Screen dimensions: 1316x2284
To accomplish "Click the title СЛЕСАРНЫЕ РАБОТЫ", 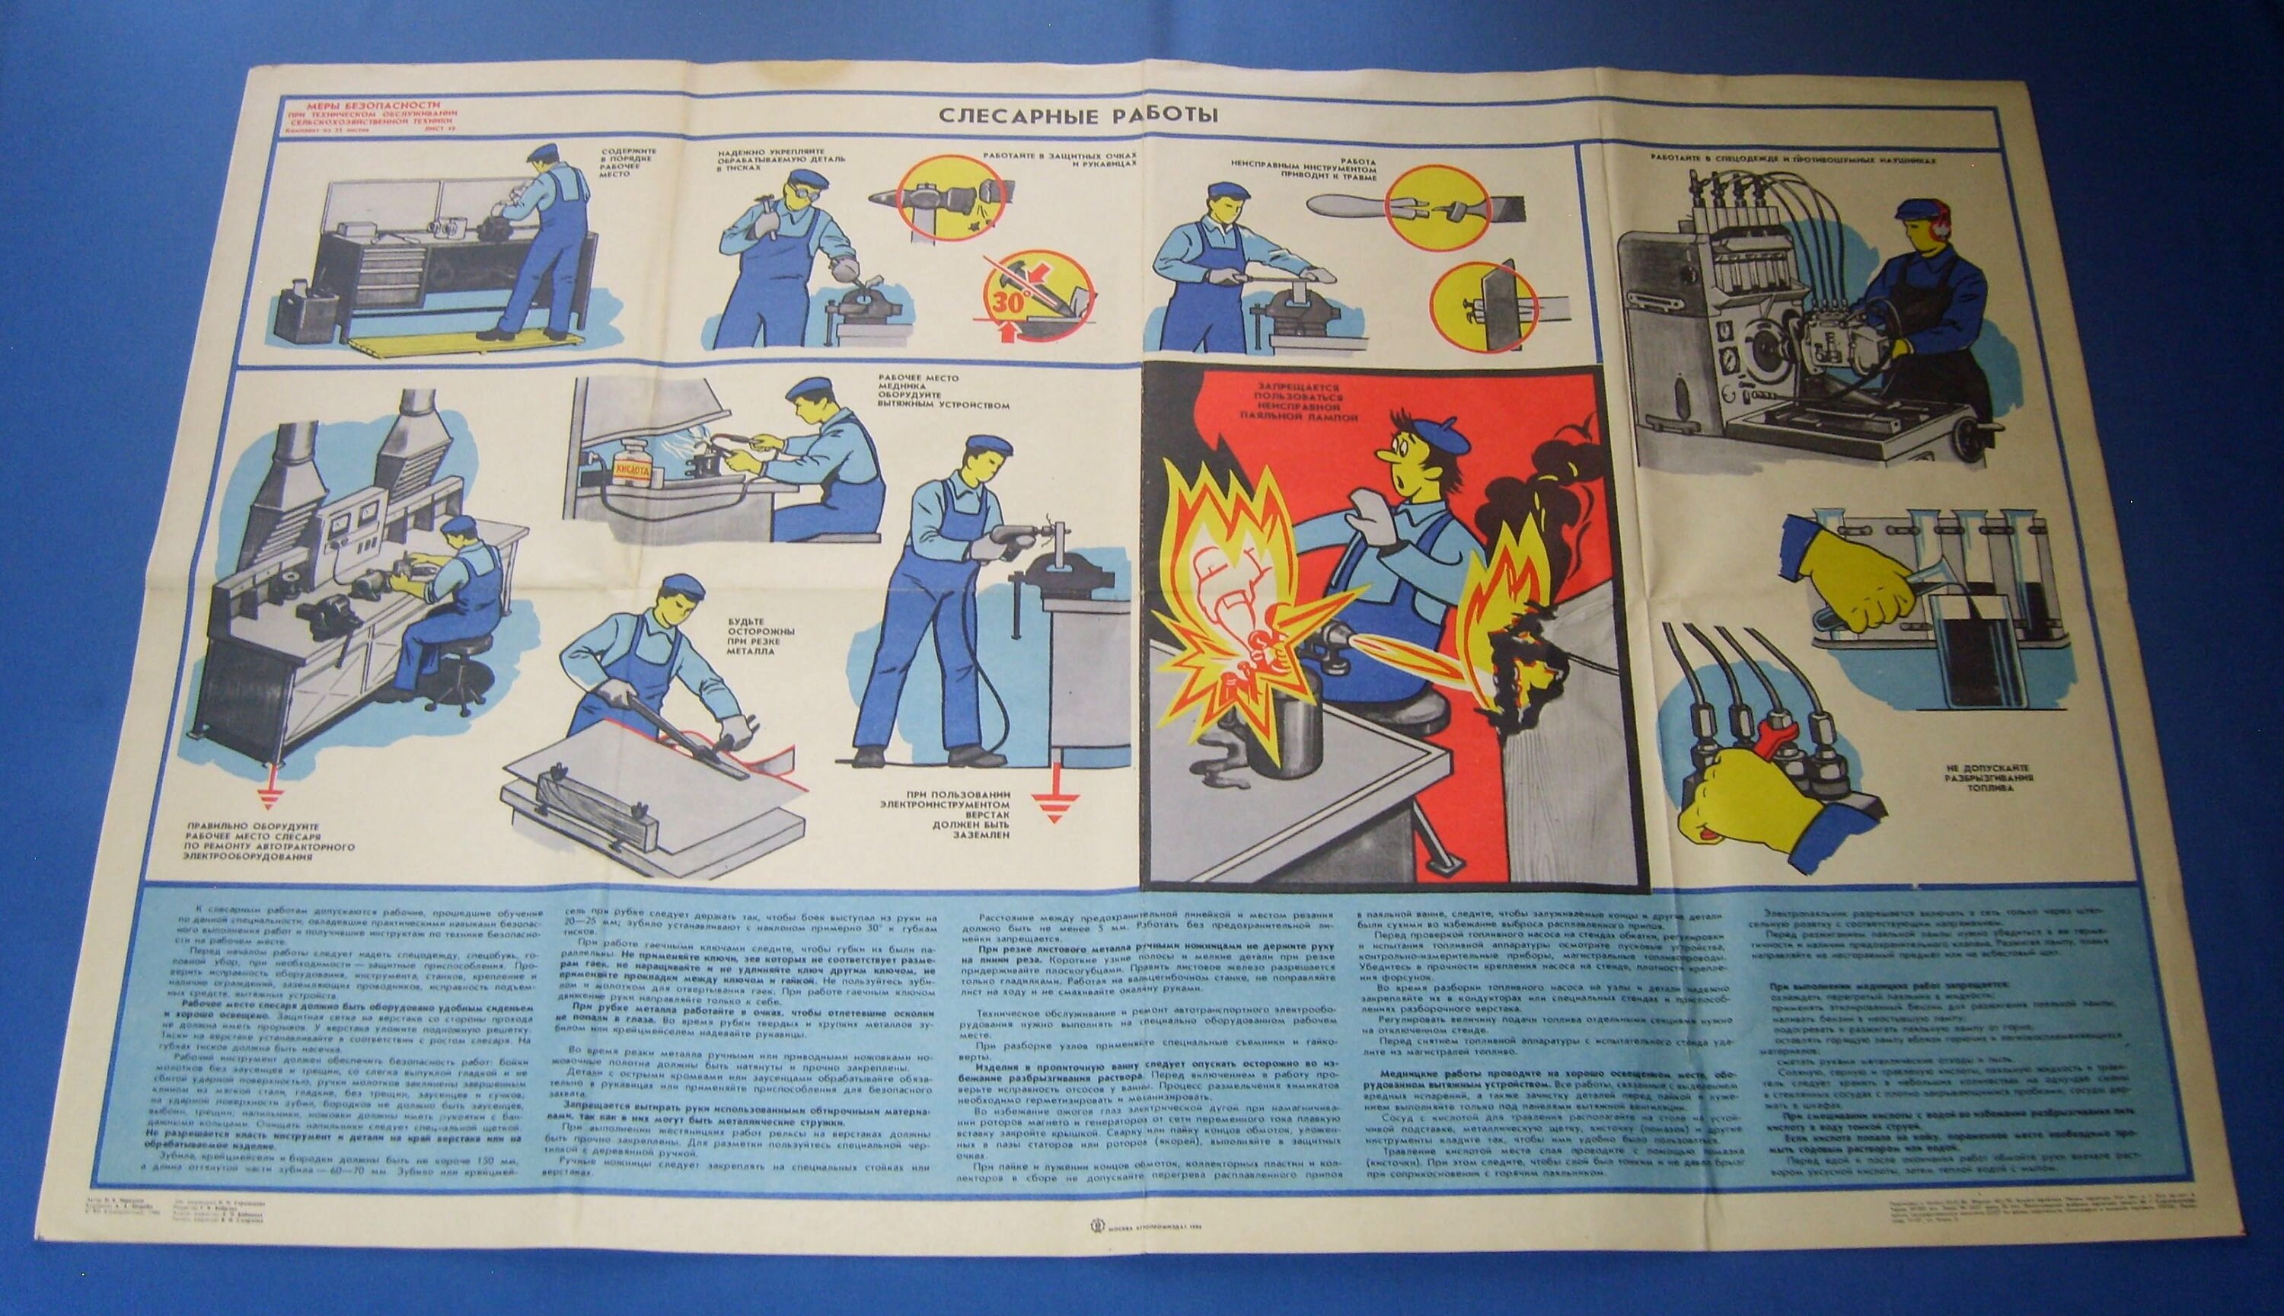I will [1077, 115].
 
